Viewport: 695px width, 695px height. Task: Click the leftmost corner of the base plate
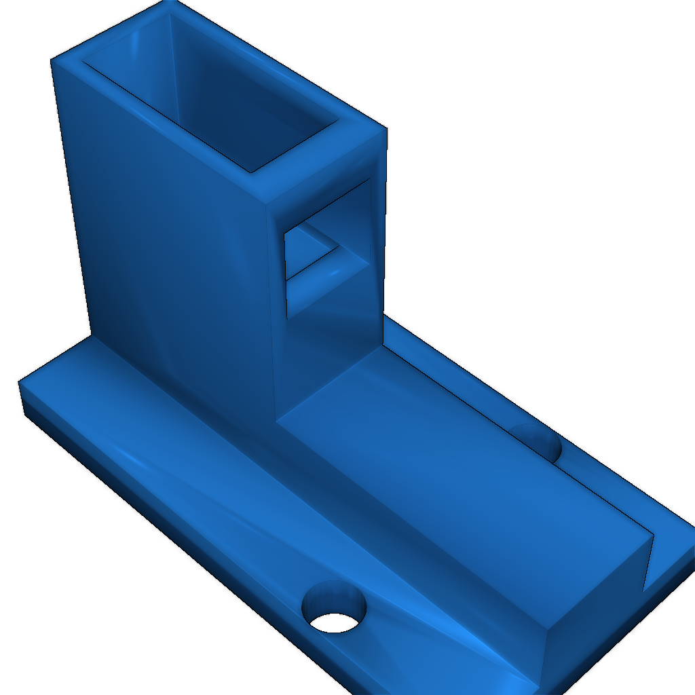click(x=19, y=383)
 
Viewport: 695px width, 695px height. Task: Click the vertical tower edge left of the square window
click(x=271, y=305)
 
